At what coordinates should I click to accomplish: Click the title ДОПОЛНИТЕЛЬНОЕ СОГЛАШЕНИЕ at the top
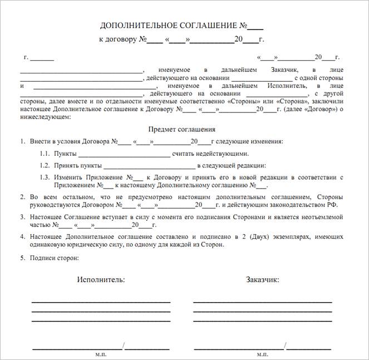click(168, 26)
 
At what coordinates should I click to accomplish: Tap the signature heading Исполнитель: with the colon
click(101, 279)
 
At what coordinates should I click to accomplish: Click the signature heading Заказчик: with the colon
click(262, 279)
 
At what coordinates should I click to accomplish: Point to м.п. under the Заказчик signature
click(262, 354)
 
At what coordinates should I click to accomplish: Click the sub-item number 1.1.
click(45, 154)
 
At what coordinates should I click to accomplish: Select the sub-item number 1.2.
click(45, 165)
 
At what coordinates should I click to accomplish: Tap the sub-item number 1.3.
click(45, 177)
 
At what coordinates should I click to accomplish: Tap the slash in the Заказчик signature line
click(285, 346)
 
